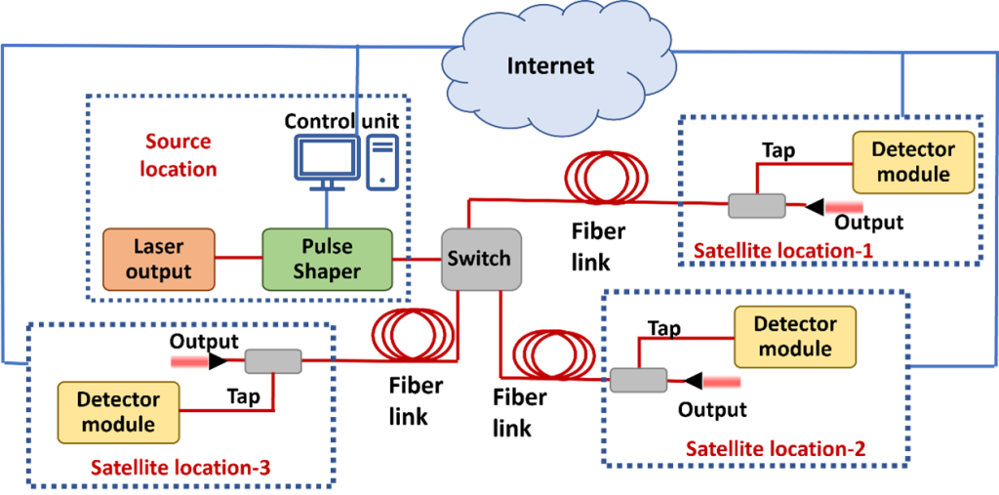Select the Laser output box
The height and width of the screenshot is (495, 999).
(x=159, y=259)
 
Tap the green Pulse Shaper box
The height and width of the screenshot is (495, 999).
(x=327, y=259)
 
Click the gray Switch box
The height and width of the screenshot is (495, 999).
(x=479, y=259)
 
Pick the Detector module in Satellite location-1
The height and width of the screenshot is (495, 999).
(x=913, y=162)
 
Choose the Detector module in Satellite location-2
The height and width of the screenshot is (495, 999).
(x=795, y=337)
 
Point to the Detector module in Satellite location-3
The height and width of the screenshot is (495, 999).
(x=118, y=412)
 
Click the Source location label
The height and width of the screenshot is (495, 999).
(x=179, y=155)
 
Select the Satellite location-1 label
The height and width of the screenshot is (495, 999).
(x=782, y=252)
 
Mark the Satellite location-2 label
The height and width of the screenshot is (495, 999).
(x=776, y=449)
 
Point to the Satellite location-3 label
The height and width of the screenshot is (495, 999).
(x=180, y=469)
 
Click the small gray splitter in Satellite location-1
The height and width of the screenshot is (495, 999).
(x=756, y=206)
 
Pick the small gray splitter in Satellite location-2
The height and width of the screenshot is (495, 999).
(x=639, y=381)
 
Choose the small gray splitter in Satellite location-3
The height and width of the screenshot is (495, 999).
(x=273, y=361)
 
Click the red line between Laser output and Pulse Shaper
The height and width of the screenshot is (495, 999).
(x=238, y=259)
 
